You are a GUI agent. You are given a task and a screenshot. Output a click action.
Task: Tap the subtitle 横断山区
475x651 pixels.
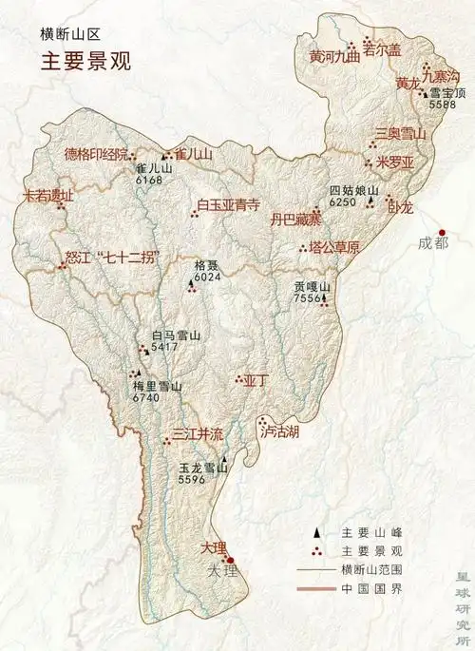[x=67, y=34]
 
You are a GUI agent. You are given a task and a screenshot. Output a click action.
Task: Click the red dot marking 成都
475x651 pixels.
[x=442, y=232]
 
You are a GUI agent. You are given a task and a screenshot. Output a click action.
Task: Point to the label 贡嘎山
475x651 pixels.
[x=312, y=286]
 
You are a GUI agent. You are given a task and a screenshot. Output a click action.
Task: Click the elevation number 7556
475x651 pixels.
[x=308, y=298]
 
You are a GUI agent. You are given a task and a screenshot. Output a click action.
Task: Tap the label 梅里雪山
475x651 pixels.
[x=158, y=386]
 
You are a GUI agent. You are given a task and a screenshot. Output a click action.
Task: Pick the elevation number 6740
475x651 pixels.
[x=146, y=398]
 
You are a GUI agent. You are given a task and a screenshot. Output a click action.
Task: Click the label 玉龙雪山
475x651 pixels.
[x=203, y=468]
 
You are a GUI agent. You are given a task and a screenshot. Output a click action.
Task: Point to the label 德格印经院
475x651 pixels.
[x=94, y=155]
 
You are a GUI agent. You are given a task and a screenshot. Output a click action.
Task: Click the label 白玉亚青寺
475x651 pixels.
[x=229, y=204]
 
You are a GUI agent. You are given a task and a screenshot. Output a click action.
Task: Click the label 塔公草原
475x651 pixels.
[x=334, y=247]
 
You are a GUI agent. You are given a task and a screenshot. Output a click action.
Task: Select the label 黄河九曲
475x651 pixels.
[x=335, y=56]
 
